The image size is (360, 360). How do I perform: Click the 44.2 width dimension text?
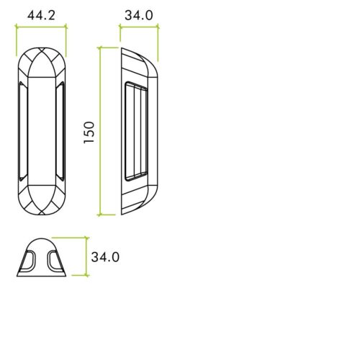[x=41, y=14]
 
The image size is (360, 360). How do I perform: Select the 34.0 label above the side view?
[x=138, y=14]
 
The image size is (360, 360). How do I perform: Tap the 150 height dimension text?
[x=89, y=131]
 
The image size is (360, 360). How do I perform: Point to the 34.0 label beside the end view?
[x=105, y=256]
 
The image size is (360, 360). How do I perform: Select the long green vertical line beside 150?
[x=99, y=131]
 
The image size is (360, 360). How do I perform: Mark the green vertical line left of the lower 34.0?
[x=87, y=256]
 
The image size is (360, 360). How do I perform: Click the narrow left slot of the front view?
[x=21, y=131]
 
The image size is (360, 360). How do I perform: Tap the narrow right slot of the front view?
[x=61, y=131]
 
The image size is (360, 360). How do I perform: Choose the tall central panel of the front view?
[x=41, y=131]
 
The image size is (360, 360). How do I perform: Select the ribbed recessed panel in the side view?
[x=135, y=131]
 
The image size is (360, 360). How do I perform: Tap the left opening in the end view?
[x=30, y=261]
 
